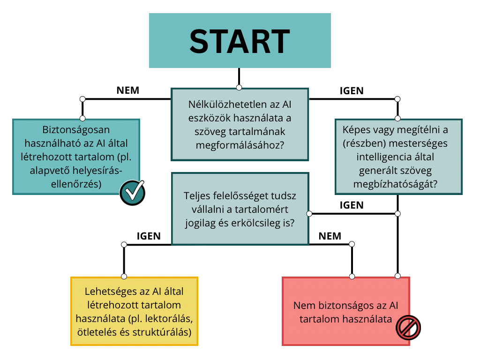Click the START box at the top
click(240, 40)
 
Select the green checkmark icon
click(132, 193)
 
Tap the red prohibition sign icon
click(408, 328)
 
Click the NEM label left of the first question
click(128, 90)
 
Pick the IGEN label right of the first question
click(352, 90)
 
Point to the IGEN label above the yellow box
click(149, 236)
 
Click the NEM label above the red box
click(330, 236)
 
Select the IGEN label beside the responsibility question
click(352, 205)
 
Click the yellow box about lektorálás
click(135, 311)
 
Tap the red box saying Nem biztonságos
click(346, 311)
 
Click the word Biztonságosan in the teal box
click(76, 130)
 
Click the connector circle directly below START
click(239, 88)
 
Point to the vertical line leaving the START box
click(239, 76)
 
